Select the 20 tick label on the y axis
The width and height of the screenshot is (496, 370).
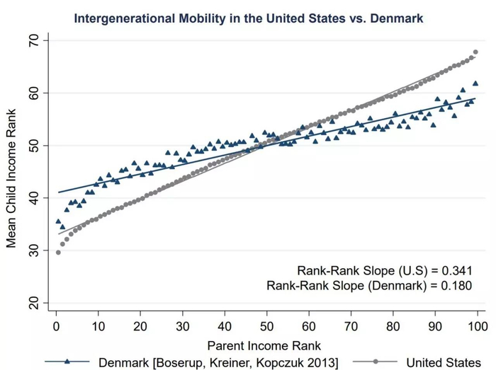click(33, 303)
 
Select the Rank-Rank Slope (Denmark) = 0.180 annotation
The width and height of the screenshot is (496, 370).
click(369, 286)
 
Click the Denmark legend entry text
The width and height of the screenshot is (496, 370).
click(218, 362)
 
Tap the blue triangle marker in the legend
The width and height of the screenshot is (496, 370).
click(67, 362)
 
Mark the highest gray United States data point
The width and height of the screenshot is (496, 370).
click(475, 52)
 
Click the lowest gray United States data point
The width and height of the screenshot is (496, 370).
click(58, 252)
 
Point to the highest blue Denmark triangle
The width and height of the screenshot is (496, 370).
click(475, 83)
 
